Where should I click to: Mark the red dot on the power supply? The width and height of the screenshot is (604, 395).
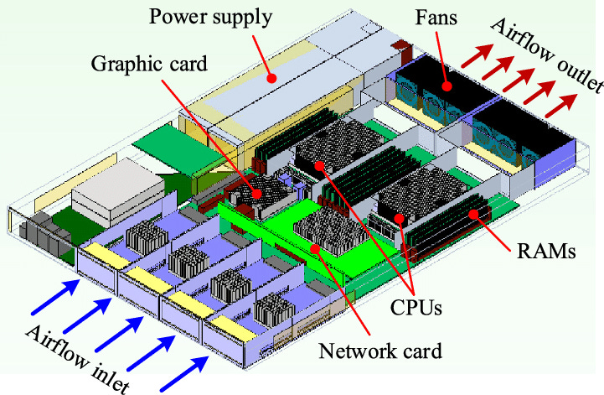tap(270, 78)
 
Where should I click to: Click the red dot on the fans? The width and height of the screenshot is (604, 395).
tap(447, 85)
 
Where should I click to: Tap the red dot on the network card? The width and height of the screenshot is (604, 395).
tap(314, 248)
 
